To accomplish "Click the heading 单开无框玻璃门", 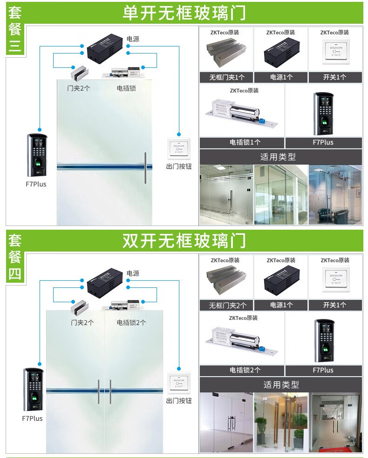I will click(x=184, y=13).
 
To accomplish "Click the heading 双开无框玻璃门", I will click(x=184, y=241).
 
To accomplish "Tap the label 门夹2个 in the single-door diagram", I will click(x=79, y=88).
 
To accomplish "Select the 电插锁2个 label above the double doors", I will click(x=131, y=322).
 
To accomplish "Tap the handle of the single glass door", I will click(x=145, y=167).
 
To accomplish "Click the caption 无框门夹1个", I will click(x=226, y=77).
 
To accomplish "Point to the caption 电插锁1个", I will click(x=242, y=143).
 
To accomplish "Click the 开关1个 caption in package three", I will click(x=334, y=77).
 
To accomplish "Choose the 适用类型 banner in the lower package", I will click(x=281, y=385).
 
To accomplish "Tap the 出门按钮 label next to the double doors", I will click(x=179, y=400).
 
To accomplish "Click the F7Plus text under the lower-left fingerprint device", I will click(x=32, y=418).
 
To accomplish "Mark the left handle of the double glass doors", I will click(x=98, y=392).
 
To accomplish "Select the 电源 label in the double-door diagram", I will click(x=133, y=273).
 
